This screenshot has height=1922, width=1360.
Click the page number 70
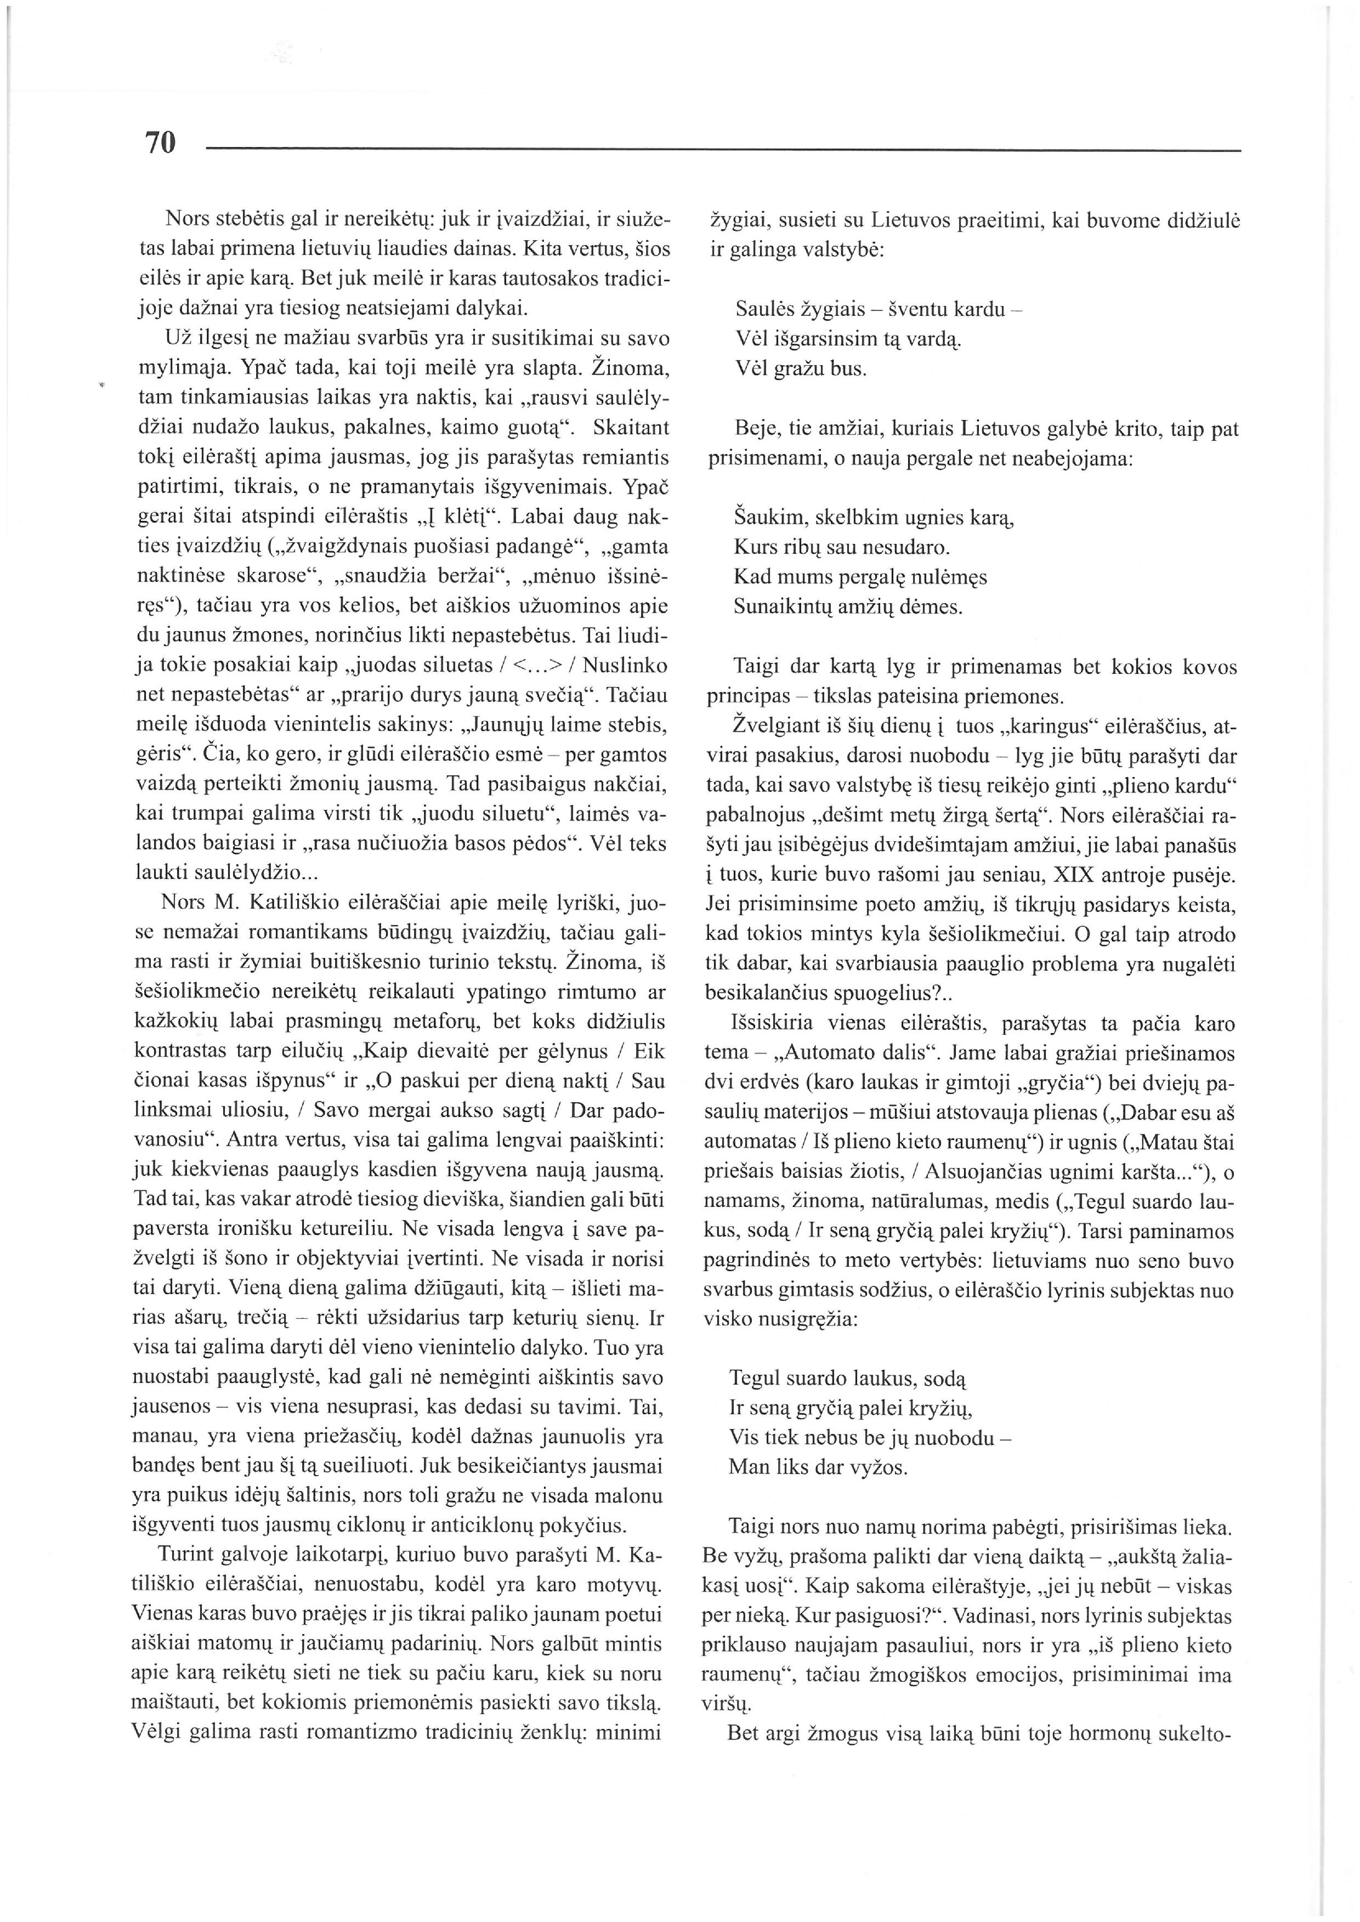click(161, 143)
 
